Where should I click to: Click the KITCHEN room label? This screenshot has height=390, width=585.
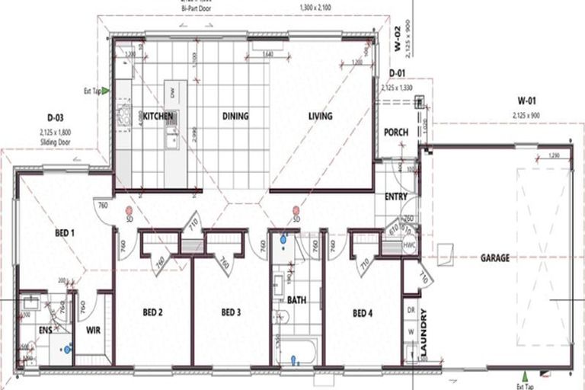(x=158, y=117)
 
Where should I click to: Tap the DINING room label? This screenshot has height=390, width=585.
(x=235, y=117)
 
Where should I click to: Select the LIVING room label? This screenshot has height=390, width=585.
(x=321, y=117)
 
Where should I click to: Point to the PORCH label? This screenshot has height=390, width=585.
(x=396, y=132)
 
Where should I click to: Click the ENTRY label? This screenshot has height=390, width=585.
(x=396, y=197)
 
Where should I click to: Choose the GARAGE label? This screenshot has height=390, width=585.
(x=494, y=257)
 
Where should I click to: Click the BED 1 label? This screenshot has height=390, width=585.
(x=64, y=232)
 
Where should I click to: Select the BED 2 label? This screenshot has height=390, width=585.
(x=153, y=312)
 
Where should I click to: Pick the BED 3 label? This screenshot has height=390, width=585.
(x=231, y=312)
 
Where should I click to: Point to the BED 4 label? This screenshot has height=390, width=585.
(x=363, y=312)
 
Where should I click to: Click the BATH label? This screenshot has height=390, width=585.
(x=296, y=300)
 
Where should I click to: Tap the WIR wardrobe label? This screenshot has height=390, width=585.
(x=93, y=331)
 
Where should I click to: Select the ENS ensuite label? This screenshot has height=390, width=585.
(x=45, y=331)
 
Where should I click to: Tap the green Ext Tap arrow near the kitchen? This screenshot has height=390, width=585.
(x=106, y=91)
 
